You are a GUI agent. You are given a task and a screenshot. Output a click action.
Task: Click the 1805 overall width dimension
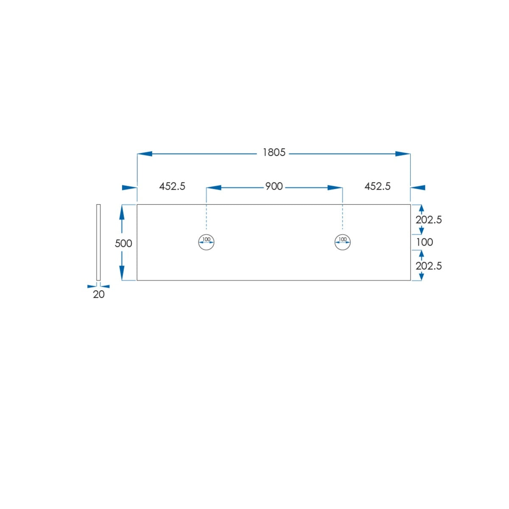[274, 152]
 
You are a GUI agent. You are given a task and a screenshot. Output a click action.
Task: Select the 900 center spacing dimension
[274, 187]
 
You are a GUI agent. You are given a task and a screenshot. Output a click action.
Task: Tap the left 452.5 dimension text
[172, 187]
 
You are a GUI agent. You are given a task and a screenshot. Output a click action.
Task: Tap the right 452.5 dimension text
[377, 187]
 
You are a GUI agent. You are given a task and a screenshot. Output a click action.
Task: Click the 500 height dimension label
[123, 243]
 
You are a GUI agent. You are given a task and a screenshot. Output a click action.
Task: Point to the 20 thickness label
[98, 294]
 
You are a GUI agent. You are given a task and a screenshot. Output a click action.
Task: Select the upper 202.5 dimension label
[428, 220]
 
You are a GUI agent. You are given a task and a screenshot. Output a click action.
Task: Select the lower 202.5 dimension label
[428, 266]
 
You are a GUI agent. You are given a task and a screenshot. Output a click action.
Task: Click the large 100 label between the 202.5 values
[425, 242]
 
